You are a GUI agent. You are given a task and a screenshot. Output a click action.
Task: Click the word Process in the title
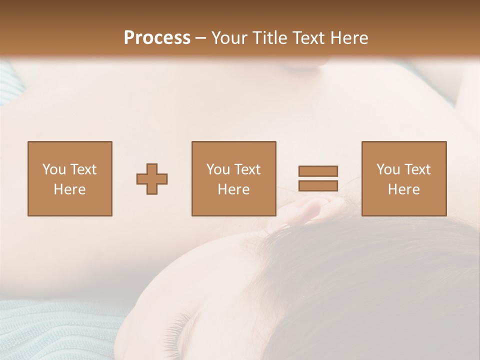coord(157,38)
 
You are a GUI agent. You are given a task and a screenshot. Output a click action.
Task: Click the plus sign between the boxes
coord(152,179)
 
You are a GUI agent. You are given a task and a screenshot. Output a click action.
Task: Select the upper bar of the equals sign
coord(318,171)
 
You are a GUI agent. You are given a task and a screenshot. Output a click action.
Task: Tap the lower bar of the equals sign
coord(318,186)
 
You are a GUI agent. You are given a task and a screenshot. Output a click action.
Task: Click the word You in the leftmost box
coord(54,169)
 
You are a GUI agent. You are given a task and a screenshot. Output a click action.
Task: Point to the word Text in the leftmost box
coord(83,169)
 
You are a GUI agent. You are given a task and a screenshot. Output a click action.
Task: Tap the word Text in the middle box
coord(247,169)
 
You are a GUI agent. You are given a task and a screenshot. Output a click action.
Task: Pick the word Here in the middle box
coord(233,189)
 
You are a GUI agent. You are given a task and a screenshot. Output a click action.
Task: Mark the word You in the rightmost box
coord(388,169)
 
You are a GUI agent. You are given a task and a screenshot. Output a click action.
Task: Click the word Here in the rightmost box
coord(404,189)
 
